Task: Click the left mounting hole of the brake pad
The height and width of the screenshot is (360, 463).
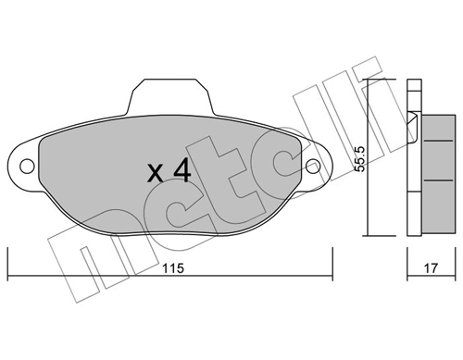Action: (x=28, y=168)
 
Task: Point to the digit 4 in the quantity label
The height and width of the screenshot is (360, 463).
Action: (x=182, y=170)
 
